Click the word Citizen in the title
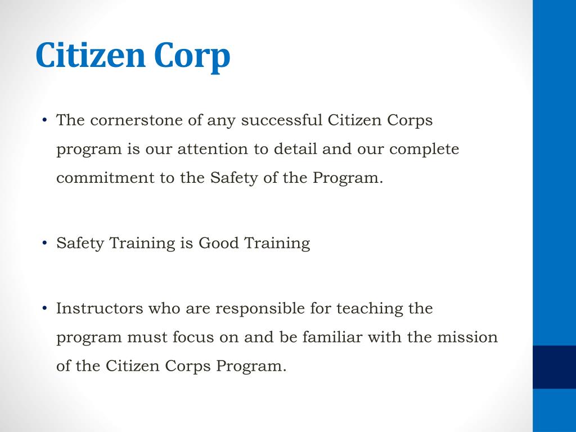pyautogui.click(x=90, y=56)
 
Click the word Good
pyautogui.click(x=219, y=243)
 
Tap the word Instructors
pyautogui.click(x=100, y=308)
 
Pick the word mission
pyautogui.click(x=469, y=337)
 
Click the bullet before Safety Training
pyautogui.click(x=45, y=243)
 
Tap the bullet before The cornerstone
pyautogui.click(x=45, y=120)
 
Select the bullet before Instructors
pyautogui.click(x=45, y=308)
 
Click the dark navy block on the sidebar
pyautogui.click(x=554, y=367)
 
